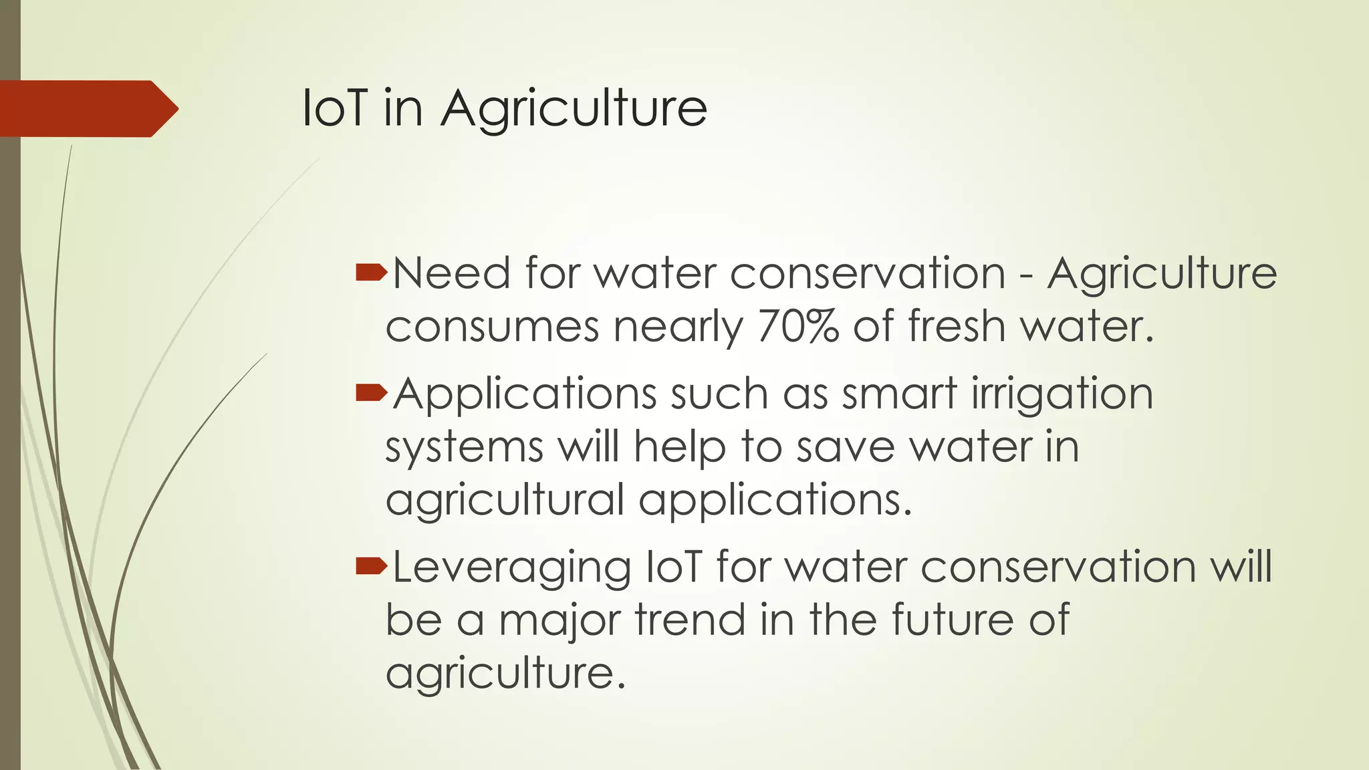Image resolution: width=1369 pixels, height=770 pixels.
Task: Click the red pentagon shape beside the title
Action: point(87,108)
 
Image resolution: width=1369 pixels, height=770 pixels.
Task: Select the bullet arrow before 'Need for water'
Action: point(372,271)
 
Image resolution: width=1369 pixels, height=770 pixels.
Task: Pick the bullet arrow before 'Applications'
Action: point(372,392)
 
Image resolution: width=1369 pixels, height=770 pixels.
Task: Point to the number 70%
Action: point(797,327)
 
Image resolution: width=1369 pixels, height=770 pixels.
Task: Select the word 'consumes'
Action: point(492,328)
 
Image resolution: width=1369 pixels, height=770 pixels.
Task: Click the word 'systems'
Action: point(464,448)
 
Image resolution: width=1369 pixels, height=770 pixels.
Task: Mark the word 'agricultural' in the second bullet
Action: point(504,501)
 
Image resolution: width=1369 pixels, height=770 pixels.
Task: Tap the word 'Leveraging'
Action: point(511,569)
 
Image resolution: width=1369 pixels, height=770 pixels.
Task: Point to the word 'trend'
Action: point(690,620)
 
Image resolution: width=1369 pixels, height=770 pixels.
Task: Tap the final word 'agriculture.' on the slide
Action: point(505,674)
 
